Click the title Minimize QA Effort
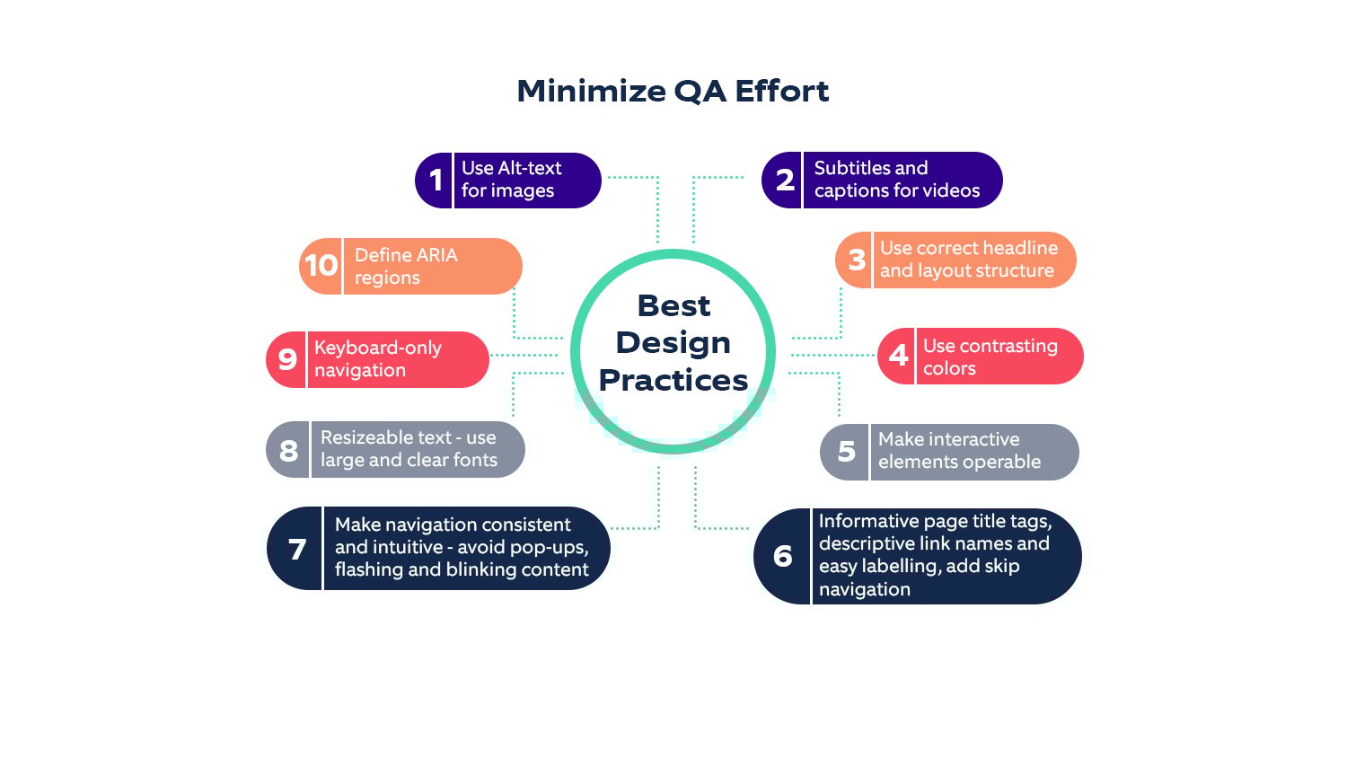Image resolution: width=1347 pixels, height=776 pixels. point(673,92)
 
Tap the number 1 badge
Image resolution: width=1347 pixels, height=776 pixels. point(436,180)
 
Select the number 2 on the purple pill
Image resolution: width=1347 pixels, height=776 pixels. point(785,180)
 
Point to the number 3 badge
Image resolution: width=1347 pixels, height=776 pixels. point(857,260)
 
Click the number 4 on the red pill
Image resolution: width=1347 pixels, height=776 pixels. point(898,356)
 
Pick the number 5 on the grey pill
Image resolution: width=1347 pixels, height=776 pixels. point(847,451)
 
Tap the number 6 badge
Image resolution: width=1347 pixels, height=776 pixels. point(783,556)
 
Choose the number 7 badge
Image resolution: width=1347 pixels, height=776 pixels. point(297,549)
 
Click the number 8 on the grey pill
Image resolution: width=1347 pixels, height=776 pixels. point(288,451)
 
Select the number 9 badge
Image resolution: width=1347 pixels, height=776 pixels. point(287,360)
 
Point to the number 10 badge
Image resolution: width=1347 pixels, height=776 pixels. point(321,265)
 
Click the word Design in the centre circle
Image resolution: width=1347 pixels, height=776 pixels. point(673,344)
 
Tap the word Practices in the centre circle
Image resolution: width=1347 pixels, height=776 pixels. point(673,380)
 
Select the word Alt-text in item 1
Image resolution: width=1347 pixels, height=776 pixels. point(531,168)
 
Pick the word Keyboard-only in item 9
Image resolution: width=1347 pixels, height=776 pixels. point(378,348)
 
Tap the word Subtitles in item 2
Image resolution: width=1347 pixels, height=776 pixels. point(851,168)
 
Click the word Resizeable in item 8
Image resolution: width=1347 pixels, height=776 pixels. point(385,437)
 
